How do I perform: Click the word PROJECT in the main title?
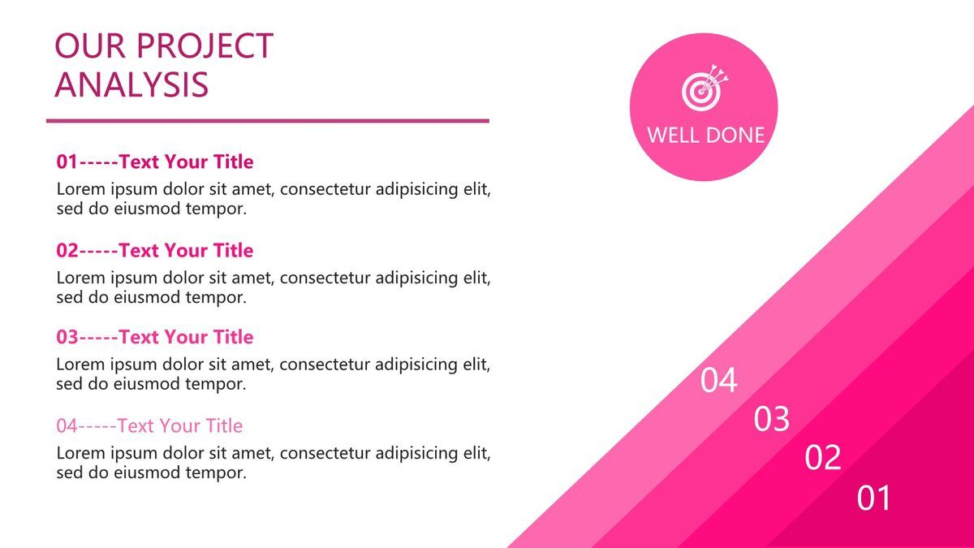(x=205, y=45)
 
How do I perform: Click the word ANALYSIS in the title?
(x=131, y=84)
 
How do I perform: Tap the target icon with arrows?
(x=705, y=88)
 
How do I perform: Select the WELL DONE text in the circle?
(x=705, y=135)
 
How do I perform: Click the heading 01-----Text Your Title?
(x=155, y=162)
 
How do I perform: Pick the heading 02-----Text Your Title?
(x=155, y=250)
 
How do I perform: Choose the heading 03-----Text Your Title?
(x=155, y=337)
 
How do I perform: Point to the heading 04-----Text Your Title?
(x=149, y=425)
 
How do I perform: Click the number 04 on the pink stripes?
(x=718, y=380)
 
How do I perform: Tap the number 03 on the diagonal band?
(x=771, y=418)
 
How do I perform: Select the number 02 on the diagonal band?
(x=823, y=456)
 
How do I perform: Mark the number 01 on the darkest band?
(x=873, y=498)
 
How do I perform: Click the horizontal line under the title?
(x=268, y=121)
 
